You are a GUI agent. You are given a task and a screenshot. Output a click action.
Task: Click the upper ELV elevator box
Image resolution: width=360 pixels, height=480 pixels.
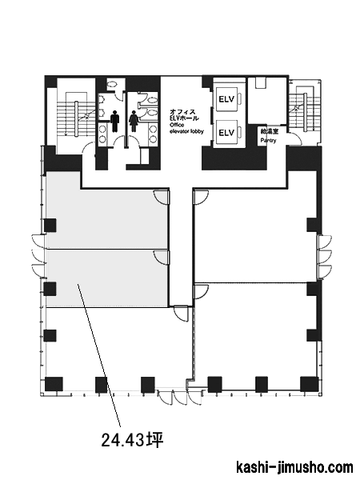click(x=226, y=99)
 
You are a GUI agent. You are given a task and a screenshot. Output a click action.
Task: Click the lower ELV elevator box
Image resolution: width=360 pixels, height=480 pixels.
click(x=226, y=132)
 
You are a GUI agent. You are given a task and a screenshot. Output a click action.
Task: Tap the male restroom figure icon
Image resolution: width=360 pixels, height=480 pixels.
click(x=114, y=122)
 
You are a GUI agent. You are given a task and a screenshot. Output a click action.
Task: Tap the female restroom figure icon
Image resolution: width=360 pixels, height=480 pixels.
click(x=134, y=122)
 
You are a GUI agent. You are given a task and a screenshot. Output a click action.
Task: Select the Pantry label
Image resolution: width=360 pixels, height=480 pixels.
click(x=268, y=141)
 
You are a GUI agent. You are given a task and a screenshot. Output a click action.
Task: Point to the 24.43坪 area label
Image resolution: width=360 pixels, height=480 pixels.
click(x=132, y=440)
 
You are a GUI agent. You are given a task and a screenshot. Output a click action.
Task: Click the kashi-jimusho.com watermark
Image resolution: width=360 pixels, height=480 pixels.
click(x=294, y=467)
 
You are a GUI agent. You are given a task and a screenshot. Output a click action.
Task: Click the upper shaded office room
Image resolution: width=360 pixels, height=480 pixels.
click(x=106, y=214)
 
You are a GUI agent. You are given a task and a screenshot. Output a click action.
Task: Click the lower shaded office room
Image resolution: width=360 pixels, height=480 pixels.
click(x=106, y=278)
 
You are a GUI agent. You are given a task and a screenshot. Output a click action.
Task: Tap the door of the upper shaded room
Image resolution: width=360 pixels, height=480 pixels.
click(x=162, y=197)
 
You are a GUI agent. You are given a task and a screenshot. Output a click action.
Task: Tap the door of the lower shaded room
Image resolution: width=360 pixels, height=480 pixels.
click(x=162, y=257)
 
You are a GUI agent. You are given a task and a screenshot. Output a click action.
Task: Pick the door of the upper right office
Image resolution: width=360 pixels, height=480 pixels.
click(x=201, y=197)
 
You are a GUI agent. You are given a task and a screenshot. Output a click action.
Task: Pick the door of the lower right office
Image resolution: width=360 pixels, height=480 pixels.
click(x=201, y=292)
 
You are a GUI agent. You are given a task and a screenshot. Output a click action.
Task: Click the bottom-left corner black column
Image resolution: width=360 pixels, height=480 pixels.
click(x=54, y=384)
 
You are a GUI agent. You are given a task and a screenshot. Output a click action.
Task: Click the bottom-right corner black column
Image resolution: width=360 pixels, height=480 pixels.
click(x=309, y=384)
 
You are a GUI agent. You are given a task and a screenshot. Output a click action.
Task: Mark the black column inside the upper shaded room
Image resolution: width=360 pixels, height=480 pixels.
click(x=50, y=226)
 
